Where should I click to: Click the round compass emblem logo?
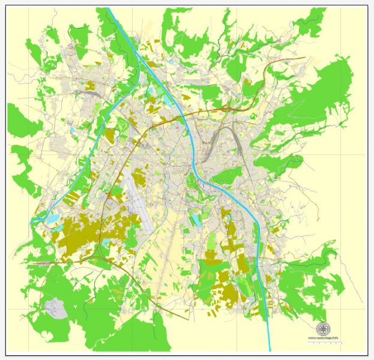324,329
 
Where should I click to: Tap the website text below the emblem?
324,338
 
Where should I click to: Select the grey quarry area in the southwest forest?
55,308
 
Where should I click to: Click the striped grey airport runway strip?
137,198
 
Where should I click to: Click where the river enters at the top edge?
109,8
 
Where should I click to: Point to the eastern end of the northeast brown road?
305,58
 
